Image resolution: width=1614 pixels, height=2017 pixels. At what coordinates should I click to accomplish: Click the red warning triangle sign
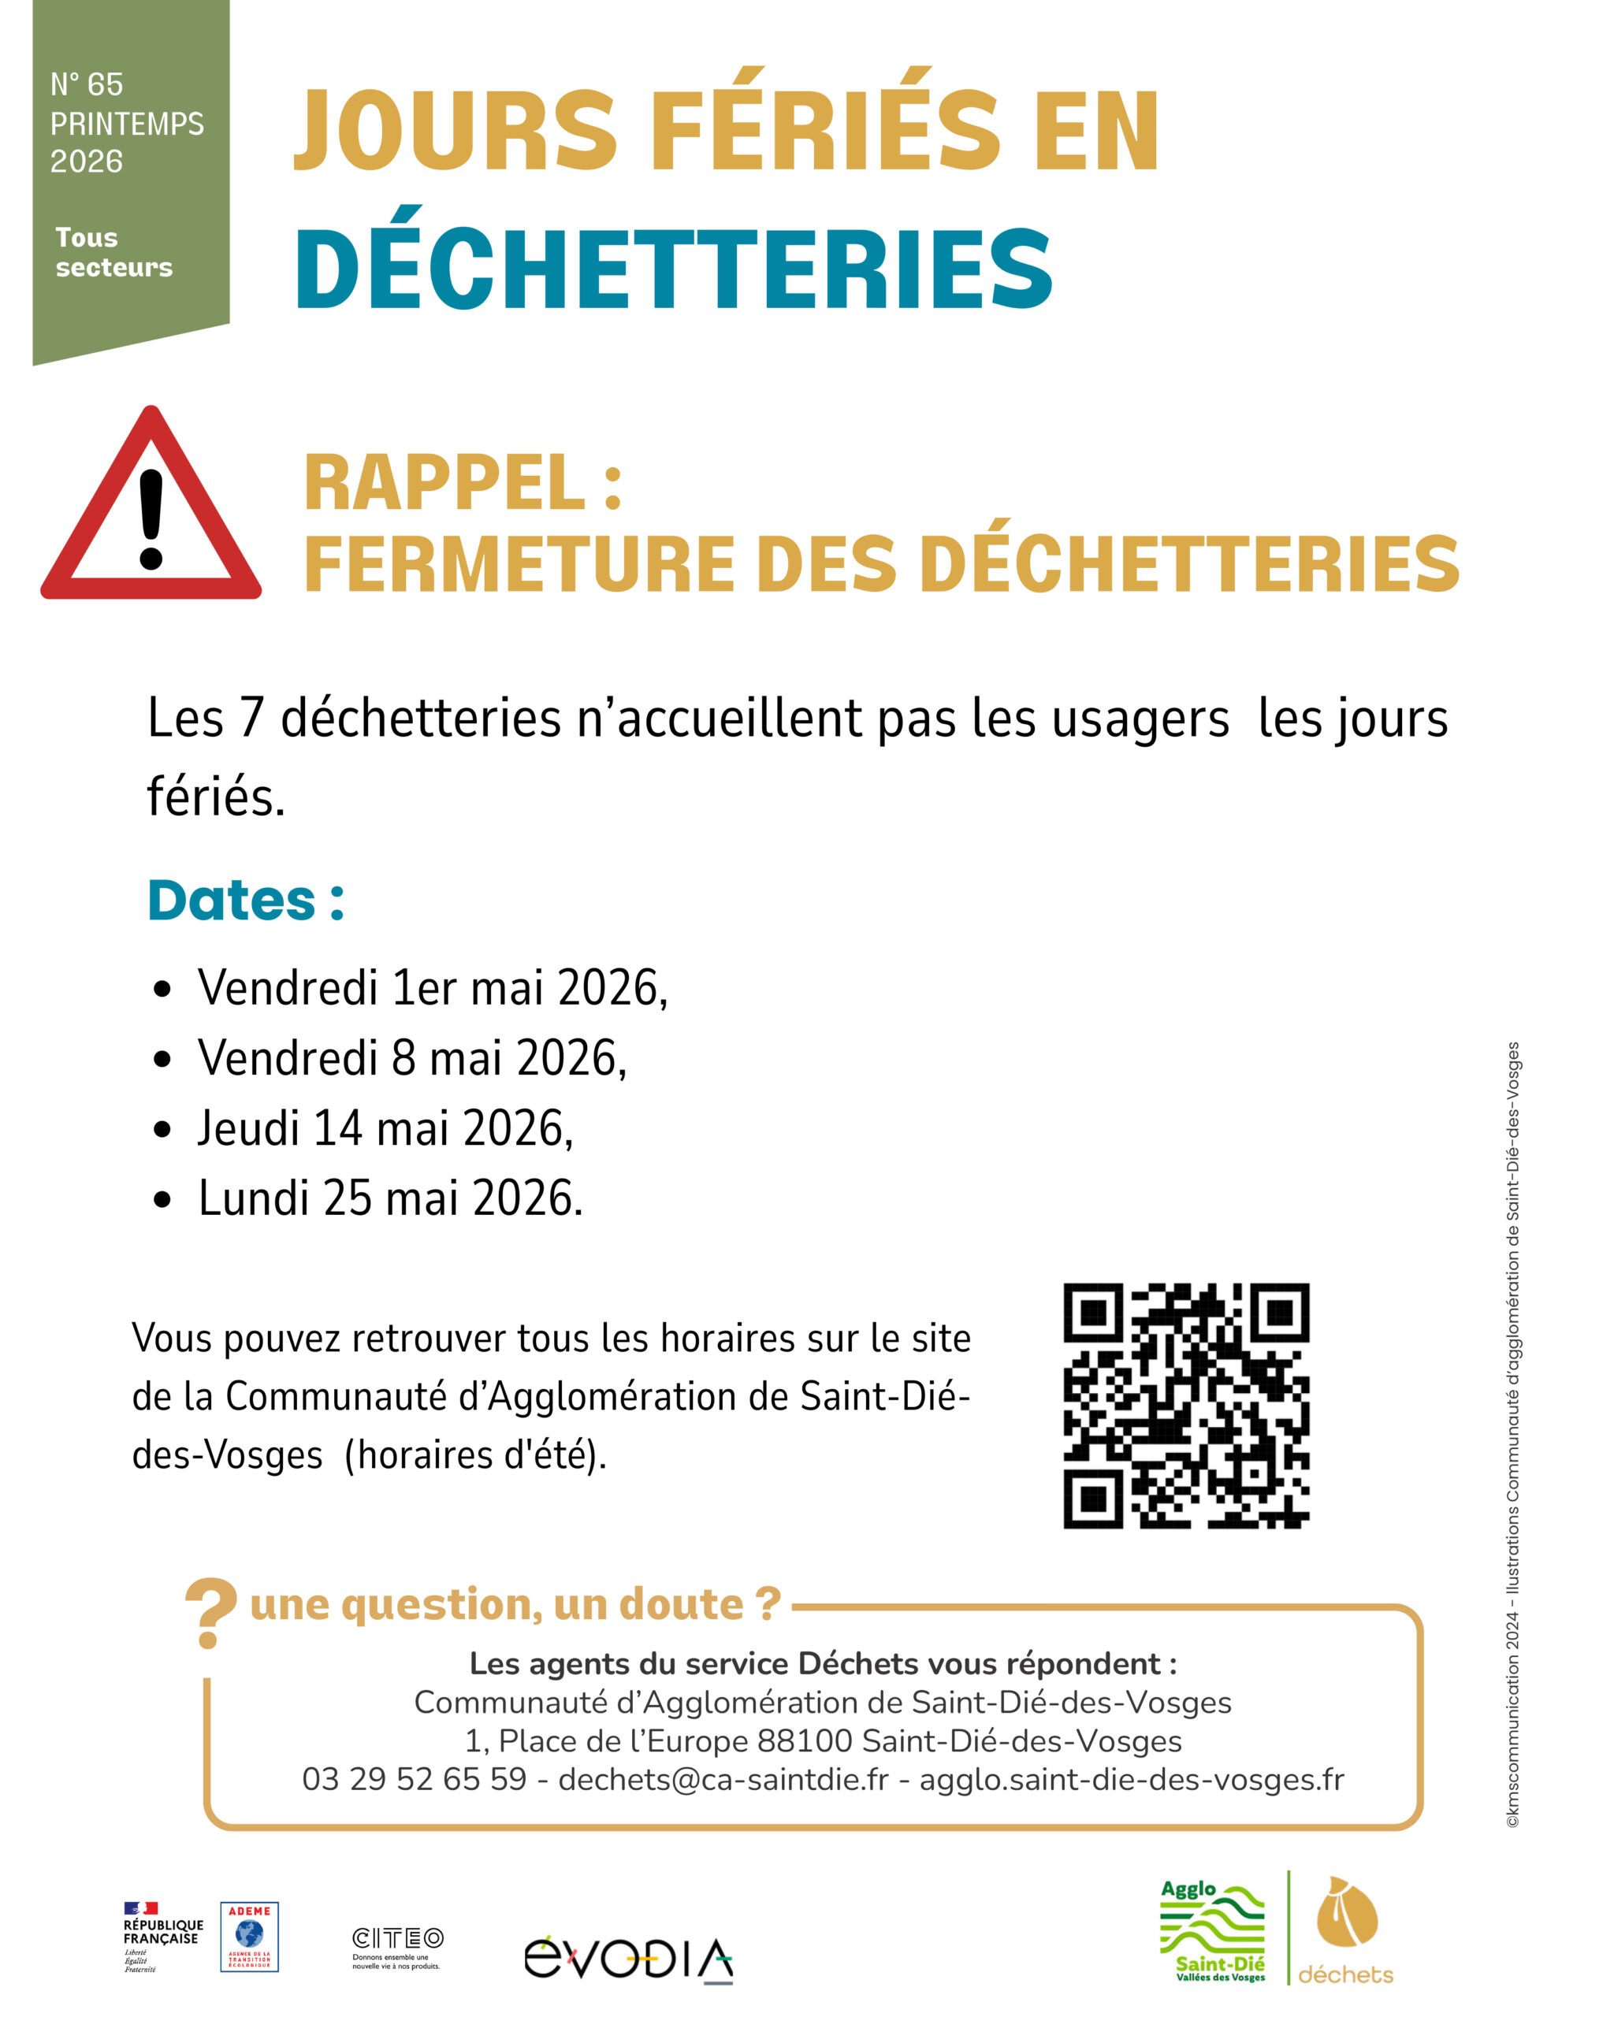click(x=151, y=510)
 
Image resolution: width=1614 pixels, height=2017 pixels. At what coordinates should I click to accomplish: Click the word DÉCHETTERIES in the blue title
click(x=674, y=269)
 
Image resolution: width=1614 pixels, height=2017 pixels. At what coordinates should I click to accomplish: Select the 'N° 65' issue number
click(x=87, y=84)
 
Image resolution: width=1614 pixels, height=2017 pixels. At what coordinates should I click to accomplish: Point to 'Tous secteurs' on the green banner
click(x=114, y=253)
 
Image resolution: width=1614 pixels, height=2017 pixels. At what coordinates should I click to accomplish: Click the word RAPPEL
click(x=445, y=484)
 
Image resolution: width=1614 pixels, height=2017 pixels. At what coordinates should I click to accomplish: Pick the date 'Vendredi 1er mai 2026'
click(x=433, y=988)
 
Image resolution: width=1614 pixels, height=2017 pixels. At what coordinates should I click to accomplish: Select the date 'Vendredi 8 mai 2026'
click(x=411, y=1058)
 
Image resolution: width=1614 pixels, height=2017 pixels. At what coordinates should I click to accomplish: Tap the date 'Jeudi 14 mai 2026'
click(x=385, y=1128)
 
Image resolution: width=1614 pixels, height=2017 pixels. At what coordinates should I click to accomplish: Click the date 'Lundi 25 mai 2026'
click(x=390, y=1198)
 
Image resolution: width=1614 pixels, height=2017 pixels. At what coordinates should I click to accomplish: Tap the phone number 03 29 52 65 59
click(x=414, y=1778)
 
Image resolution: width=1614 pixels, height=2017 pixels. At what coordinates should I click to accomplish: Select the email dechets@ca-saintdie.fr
click(x=723, y=1778)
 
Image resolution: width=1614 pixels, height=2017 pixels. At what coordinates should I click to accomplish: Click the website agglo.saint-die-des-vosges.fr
click(x=1131, y=1778)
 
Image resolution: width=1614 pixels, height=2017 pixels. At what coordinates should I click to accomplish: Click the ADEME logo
click(x=249, y=1936)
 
